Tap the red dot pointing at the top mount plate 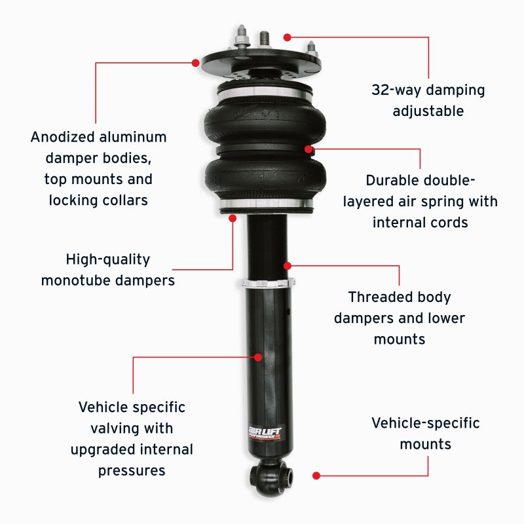pos(195,63)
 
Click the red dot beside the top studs pos(286,37)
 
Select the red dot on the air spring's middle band pos(308,149)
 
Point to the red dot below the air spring pos(233,218)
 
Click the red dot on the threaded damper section pos(287,265)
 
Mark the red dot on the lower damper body pos(258,357)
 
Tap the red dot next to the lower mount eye pos(316,475)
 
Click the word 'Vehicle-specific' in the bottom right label pos(425,423)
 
